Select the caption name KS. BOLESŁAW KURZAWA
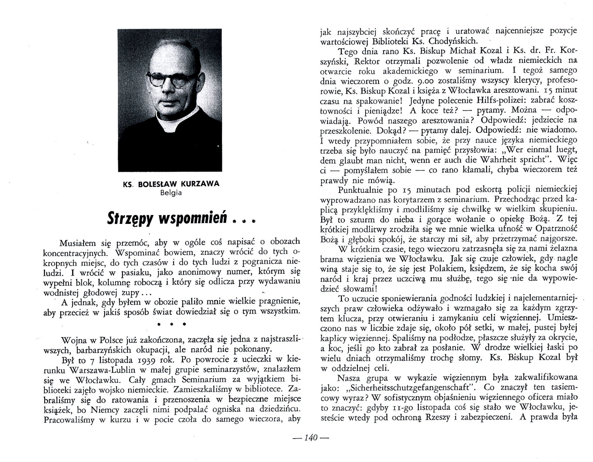click(171, 184)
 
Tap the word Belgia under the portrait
click(171, 193)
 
